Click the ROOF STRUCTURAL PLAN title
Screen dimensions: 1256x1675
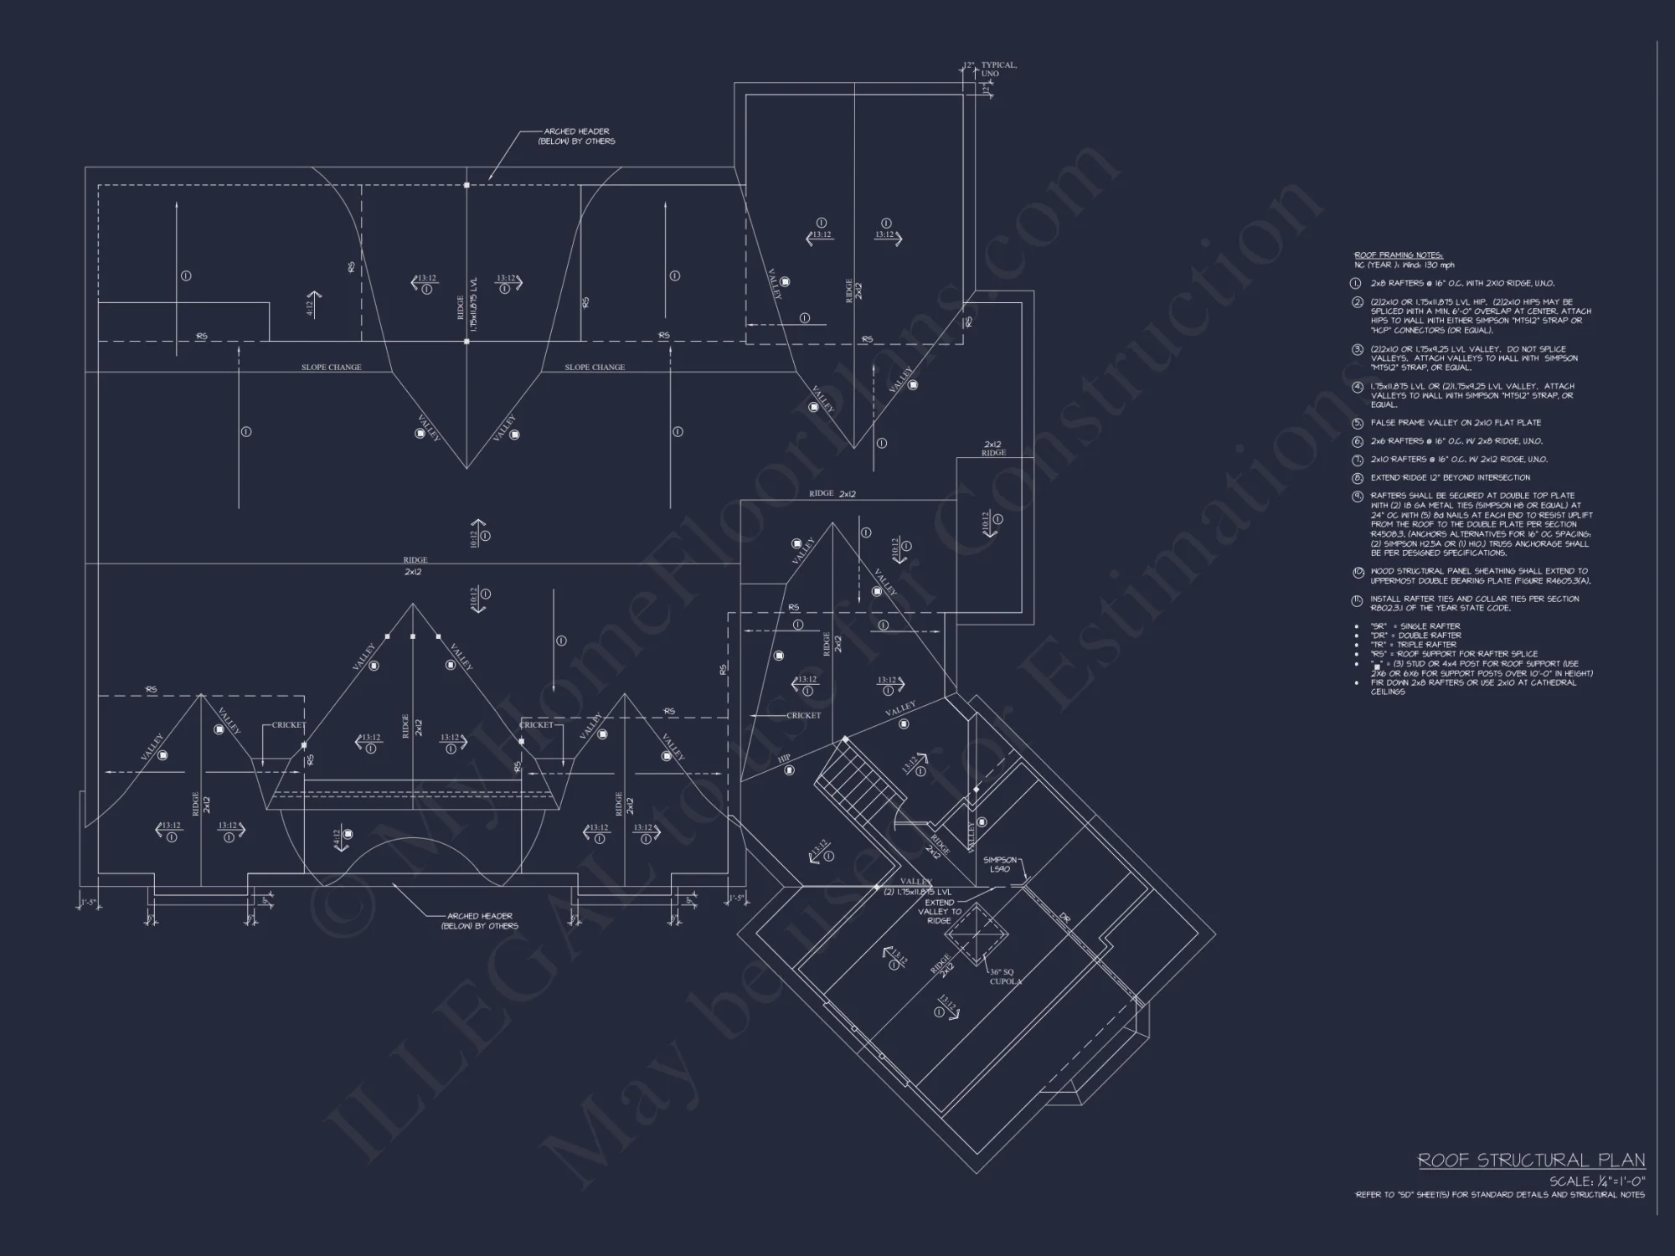1531,1161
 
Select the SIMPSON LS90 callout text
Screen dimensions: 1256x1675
1000,864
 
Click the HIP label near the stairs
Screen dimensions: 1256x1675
784,759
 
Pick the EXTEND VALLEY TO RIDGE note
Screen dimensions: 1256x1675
939,911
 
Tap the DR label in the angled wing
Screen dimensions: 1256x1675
1065,919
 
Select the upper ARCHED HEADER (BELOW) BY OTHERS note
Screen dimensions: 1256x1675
576,136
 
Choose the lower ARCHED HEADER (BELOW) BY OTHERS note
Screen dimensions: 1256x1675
480,921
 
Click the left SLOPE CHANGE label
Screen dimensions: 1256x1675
332,368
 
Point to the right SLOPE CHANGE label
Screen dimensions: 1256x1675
595,368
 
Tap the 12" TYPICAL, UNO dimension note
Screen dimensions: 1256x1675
997,69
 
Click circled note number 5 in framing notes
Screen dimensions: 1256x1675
1358,423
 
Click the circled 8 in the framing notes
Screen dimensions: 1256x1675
1358,478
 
